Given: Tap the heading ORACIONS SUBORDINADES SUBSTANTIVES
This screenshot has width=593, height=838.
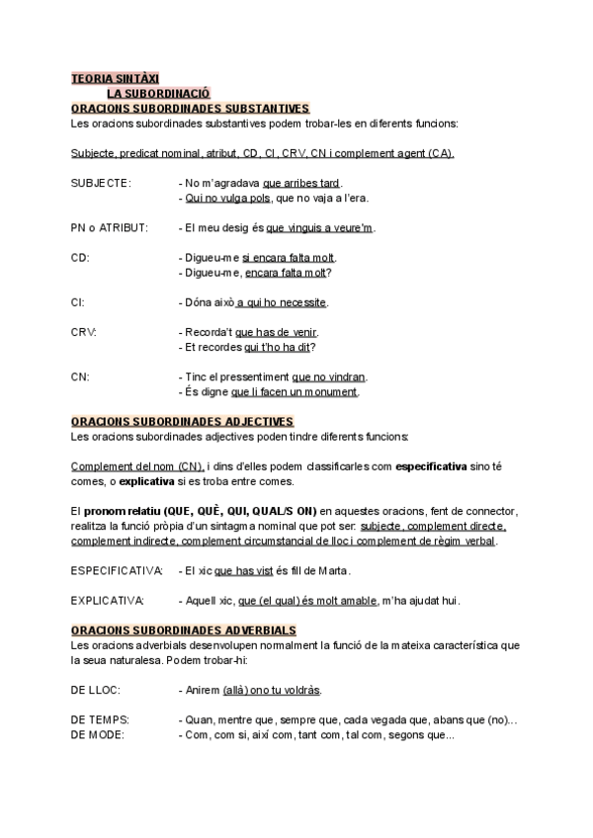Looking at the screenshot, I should pyautogui.click(x=191, y=108).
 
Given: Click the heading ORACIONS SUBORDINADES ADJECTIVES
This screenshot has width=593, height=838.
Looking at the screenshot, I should pyautogui.click(x=183, y=421).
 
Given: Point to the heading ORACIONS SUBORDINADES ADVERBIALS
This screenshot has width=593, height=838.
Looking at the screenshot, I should pyautogui.click(x=185, y=629).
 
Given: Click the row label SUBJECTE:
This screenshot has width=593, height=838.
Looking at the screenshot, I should pyautogui.click(x=101, y=183).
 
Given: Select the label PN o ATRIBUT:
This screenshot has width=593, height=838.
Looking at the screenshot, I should pyautogui.click(x=110, y=227).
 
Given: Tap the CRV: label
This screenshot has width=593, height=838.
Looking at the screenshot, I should pyautogui.click(x=84, y=331).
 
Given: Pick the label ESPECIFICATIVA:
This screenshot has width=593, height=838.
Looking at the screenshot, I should pyautogui.click(x=118, y=570).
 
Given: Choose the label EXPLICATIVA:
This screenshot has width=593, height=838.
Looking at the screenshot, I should pyautogui.click(x=108, y=600).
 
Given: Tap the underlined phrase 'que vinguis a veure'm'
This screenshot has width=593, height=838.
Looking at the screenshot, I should pyautogui.click(x=319, y=228).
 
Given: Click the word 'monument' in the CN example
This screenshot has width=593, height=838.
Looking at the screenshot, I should pyautogui.click(x=333, y=391).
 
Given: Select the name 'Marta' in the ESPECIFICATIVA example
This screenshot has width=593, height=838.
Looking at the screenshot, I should pyautogui.click(x=335, y=571).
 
